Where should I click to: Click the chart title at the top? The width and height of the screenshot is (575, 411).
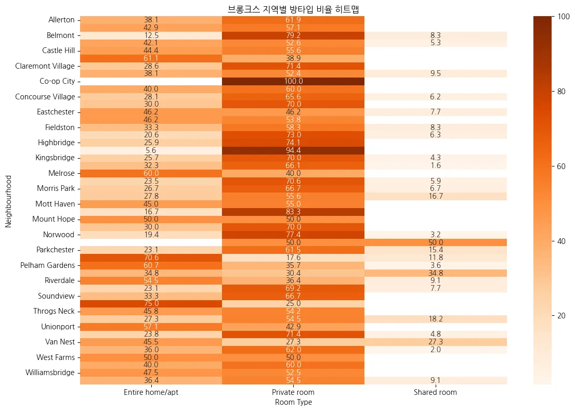coord(293,9)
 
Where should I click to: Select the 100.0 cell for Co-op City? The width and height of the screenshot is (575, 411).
coord(293,81)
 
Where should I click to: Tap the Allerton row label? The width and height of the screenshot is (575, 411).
coord(61,20)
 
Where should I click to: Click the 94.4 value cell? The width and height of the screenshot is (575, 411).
coord(293,150)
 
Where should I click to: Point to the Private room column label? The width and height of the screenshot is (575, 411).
coord(293,392)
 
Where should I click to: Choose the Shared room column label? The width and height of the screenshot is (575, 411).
coord(435,392)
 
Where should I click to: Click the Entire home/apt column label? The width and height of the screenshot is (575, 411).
coord(151,392)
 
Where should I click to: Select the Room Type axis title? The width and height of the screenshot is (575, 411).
coord(293,402)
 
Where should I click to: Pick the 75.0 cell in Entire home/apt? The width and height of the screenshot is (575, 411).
coord(151,304)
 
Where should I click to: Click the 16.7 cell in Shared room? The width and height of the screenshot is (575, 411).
coord(435,196)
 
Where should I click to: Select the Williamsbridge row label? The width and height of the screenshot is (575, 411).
coord(50,373)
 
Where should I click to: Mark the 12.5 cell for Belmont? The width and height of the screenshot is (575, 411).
coord(151,35)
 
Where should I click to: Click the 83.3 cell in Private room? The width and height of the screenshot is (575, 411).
coord(293,212)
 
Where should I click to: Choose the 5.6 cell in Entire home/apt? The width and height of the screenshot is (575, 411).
coord(151,150)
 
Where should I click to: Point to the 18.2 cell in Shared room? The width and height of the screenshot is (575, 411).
coord(435,319)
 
